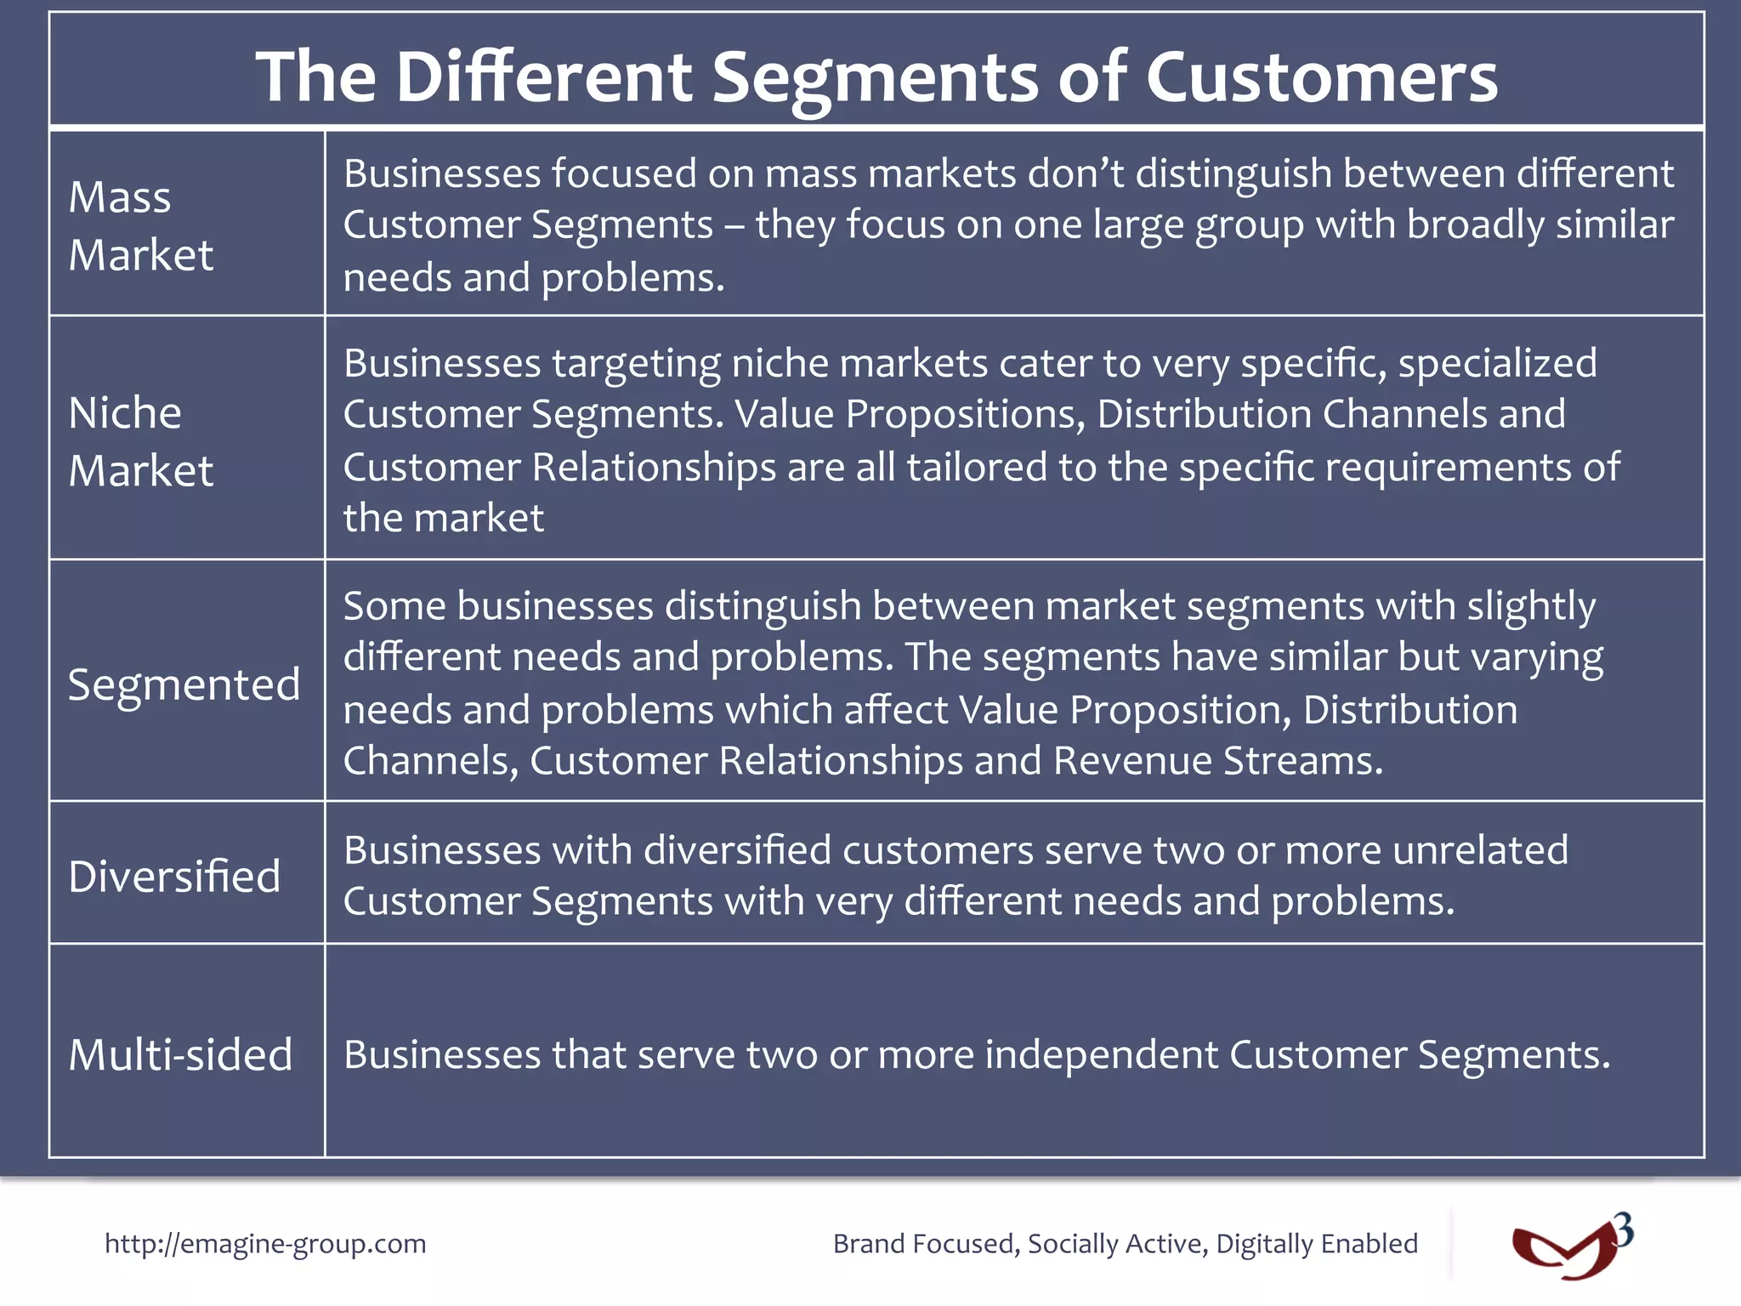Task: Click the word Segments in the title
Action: (875, 78)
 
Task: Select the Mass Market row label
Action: (140, 225)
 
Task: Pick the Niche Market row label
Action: (140, 441)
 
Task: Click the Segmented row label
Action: (184, 684)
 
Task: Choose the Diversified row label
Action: (174, 877)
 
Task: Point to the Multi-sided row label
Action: (180, 1055)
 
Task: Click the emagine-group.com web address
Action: (265, 1244)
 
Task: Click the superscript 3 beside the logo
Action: (1624, 1229)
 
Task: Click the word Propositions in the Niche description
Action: (966, 415)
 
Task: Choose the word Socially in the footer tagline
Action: (1070, 1244)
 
